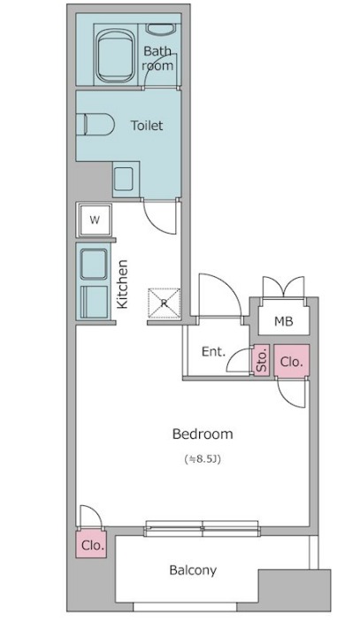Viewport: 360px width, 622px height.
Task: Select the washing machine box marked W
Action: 95,219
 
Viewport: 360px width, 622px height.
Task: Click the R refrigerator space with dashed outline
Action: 164,303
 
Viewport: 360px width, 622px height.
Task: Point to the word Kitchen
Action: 123,284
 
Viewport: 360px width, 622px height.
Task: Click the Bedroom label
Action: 203,434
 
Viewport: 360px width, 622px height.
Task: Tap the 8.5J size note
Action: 203,459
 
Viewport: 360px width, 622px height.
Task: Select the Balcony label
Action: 193,571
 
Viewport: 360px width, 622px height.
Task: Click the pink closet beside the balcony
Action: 92,544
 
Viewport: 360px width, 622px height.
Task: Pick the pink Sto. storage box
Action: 261,360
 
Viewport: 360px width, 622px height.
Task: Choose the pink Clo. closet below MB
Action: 291,361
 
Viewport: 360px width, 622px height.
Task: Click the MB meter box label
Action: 284,321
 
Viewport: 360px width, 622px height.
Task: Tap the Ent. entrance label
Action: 214,351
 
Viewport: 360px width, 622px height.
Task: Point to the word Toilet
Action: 147,126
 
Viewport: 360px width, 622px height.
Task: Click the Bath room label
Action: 157,58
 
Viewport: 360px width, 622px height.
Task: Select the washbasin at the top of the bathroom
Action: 161,29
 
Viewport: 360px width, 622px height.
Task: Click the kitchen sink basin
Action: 94,265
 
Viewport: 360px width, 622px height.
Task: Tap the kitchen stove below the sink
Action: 94,302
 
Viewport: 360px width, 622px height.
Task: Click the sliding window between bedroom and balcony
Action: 203,529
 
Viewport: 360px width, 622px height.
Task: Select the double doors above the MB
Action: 283,288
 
